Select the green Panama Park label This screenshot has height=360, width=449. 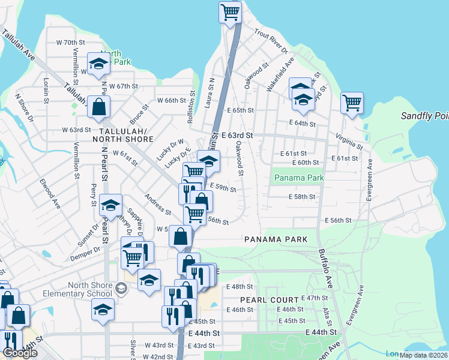(298, 178)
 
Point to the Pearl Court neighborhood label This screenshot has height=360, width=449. (269, 299)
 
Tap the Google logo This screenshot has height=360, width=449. (20, 353)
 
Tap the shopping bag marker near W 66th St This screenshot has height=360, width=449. (98, 108)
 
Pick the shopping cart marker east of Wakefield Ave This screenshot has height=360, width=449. (352, 103)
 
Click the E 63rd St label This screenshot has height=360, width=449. (237, 136)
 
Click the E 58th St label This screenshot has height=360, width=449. (302, 197)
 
